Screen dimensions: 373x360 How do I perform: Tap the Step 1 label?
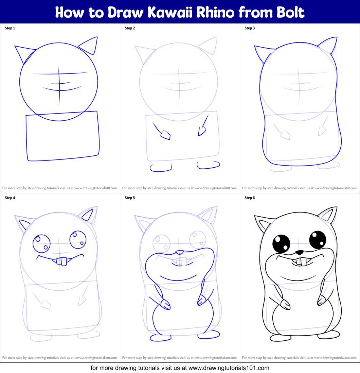(x=10, y=28)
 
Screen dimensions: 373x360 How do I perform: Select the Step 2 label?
(x=130, y=28)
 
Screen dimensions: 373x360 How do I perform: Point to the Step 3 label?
(x=250, y=28)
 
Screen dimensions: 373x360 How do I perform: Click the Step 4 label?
(x=10, y=198)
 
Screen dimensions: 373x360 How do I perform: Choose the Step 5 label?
(x=130, y=198)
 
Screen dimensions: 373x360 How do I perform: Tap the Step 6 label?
(x=250, y=198)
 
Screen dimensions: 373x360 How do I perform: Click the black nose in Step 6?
(x=299, y=253)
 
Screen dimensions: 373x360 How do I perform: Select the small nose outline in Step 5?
(x=180, y=253)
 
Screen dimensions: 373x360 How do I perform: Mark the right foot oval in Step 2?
(x=208, y=165)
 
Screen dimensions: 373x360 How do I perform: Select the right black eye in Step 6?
(x=318, y=239)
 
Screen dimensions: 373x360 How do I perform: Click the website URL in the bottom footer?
(x=229, y=368)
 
